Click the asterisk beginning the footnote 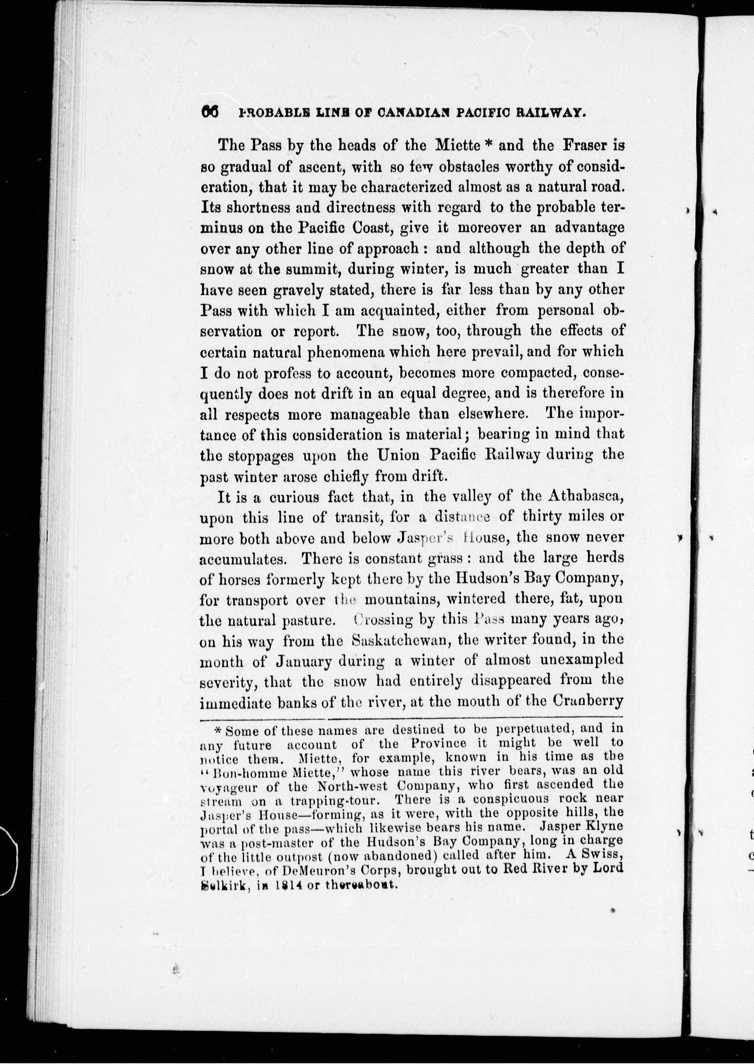[218, 730]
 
